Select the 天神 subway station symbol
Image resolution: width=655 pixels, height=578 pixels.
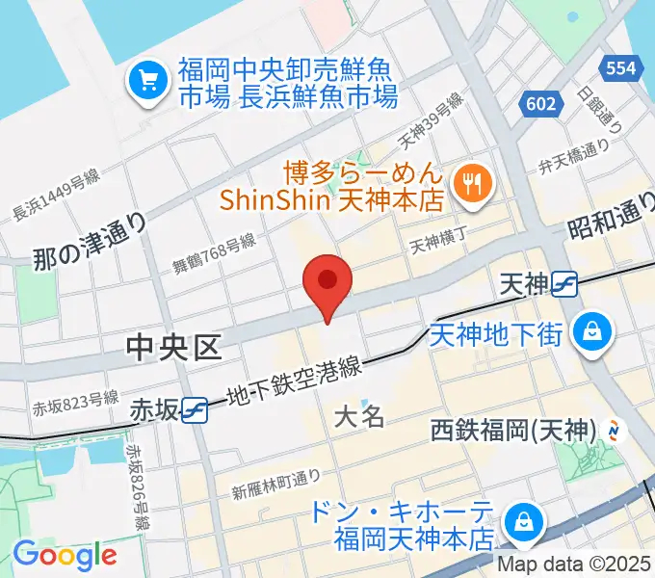pyautogui.click(x=564, y=284)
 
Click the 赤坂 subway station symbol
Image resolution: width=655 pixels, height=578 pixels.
pyautogui.click(x=196, y=409)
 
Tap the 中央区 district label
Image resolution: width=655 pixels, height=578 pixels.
pyautogui.click(x=173, y=348)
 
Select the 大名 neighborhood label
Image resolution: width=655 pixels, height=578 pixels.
pyautogui.click(x=360, y=416)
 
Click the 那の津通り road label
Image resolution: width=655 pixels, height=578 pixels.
pyautogui.click(x=90, y=241)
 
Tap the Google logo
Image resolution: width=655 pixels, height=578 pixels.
pyautogui.click(x=65, y=555)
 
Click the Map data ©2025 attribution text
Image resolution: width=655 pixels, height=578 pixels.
pyautogui.click(x=574, y=564)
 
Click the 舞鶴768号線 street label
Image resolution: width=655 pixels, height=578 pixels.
pyautogui.click(x=214, y=253)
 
